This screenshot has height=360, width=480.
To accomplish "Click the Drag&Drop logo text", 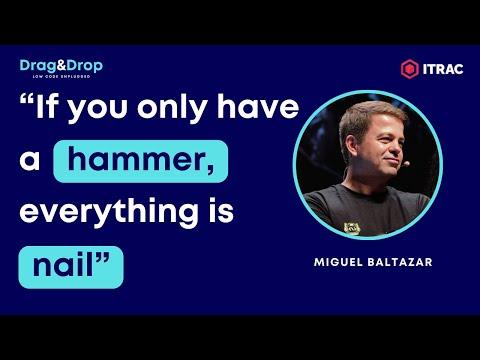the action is (x=61, y=66).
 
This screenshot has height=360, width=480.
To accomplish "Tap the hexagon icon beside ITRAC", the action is (x=409, y=69).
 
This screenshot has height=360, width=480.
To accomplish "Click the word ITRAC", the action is (x=443, y=69).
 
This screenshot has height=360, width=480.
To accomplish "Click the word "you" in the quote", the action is (x=98, y=110).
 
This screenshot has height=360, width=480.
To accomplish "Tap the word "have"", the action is (x=258, y=106).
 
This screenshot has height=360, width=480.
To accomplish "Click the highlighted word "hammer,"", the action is (x=141, y=160).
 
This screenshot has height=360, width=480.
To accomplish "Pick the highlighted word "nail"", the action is (x=63, y=266).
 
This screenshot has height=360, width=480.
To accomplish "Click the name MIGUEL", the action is (x=338, y=262).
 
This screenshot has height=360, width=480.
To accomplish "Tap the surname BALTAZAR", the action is (x=400, y=262).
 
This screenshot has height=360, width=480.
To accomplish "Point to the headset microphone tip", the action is (x=406, y=164).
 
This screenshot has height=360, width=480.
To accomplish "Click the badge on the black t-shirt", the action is (x=352, y=228).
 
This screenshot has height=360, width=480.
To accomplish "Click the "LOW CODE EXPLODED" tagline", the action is (x=61, y=76).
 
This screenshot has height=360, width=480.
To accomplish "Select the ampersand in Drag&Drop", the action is (x=61, y=65).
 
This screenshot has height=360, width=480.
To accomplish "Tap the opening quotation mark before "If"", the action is (x=27, y=99).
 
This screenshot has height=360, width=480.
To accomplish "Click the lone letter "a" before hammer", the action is (x=30, y=161).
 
